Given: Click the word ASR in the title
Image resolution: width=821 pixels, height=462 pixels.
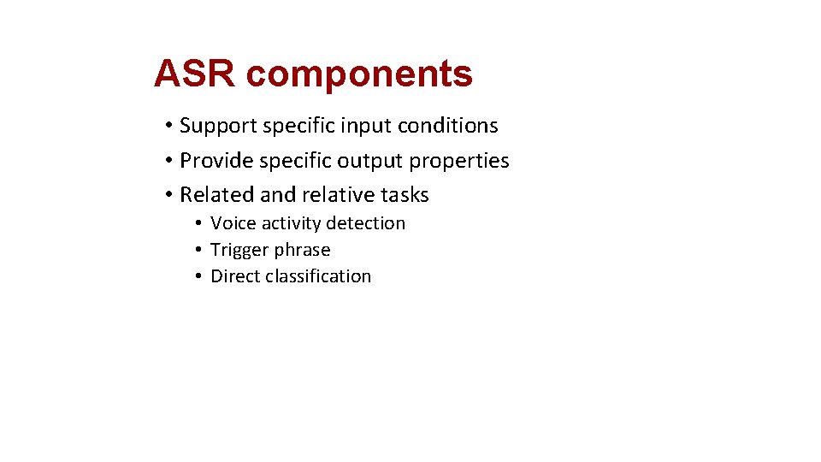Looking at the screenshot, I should [195, 74].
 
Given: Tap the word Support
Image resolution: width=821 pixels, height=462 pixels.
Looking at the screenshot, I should [218, 127].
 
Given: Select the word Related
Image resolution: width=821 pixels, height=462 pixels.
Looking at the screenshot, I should [217, 195].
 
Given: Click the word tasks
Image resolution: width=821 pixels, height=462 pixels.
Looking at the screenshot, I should [404, 195].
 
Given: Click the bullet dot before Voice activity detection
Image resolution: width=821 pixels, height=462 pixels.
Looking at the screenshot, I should [197, 224].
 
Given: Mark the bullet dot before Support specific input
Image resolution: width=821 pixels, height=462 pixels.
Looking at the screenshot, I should [169, 127].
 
